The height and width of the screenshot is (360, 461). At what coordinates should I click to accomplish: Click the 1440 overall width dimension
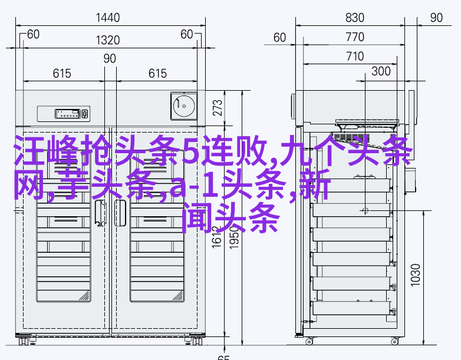[x=108, y=18]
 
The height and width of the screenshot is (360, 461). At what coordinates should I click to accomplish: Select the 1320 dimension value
[x=108, y=40]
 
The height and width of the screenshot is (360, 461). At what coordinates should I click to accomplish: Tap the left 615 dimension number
[x=62, y=74]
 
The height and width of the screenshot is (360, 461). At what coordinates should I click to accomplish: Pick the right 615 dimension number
[x=157, y=74]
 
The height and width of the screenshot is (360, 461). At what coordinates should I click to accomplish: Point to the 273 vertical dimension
[x=218, y=108]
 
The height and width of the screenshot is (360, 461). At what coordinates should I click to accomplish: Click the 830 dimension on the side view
[x=355, y=18]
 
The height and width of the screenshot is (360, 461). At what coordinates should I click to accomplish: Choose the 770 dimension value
[x=355, y=37]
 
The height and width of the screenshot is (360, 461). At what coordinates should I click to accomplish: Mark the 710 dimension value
[x=355, y=57]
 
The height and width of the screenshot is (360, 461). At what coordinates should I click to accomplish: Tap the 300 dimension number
[x=381, y=71]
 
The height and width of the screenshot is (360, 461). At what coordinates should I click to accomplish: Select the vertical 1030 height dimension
[x=416, y=275]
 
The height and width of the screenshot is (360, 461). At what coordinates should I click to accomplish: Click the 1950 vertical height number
[x=234, y=238]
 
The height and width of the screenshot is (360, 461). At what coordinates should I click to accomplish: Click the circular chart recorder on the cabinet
[x=184, y=106]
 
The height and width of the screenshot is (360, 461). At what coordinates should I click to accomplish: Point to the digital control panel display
[x=68, y=114]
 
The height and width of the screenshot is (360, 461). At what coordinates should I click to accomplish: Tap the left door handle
[x=101, y=213]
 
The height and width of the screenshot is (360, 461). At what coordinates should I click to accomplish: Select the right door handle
[x=120, y=213]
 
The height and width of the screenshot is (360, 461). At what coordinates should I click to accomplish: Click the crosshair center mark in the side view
[x=365, y=210]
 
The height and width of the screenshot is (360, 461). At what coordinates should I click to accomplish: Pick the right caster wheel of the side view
[x=394, y=342]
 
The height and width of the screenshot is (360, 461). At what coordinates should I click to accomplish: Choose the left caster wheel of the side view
[x=309, y=342]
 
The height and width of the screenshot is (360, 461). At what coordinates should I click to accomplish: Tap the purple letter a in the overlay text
[x=178, y=188]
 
